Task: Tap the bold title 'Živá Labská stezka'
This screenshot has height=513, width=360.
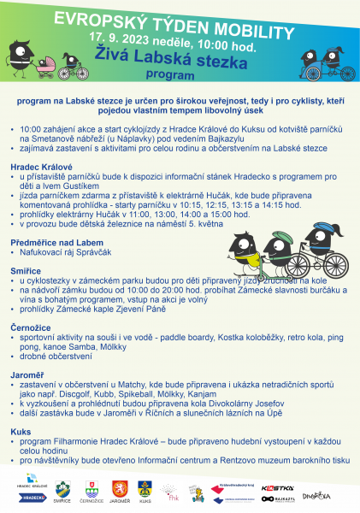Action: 179,59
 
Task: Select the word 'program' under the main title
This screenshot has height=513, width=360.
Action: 176,75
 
